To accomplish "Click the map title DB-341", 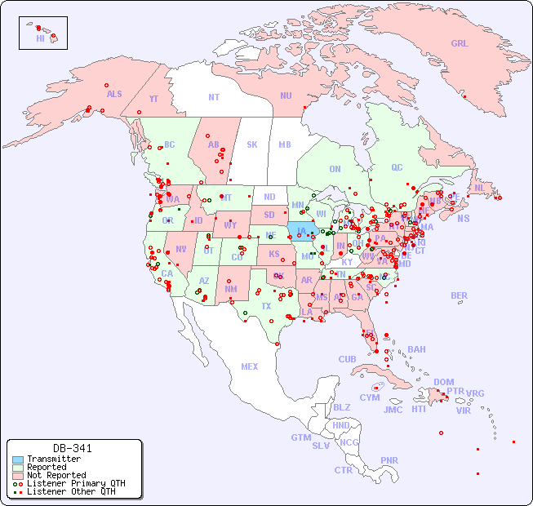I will (73, 448).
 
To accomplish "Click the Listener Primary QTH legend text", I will (76, 483).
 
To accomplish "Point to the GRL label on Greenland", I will (460, 43).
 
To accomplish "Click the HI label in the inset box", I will (40, 38).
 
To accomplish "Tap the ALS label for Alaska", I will (114, 94).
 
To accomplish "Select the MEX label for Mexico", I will (250, 366).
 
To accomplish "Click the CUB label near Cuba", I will (347, 359).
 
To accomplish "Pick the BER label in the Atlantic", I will (460, 295).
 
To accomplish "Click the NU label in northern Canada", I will (286, 95).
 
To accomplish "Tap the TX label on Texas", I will (266, 306).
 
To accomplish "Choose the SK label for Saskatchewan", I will (252, 144).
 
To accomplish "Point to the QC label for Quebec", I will (397, 167).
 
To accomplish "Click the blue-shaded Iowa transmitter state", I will (300, 229).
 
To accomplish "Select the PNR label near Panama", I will (389, 460).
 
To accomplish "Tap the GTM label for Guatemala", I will (300, 437).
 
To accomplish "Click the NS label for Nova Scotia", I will (463, 218).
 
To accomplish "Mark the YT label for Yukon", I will (153, 99).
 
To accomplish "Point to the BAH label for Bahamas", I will (416, 349).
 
